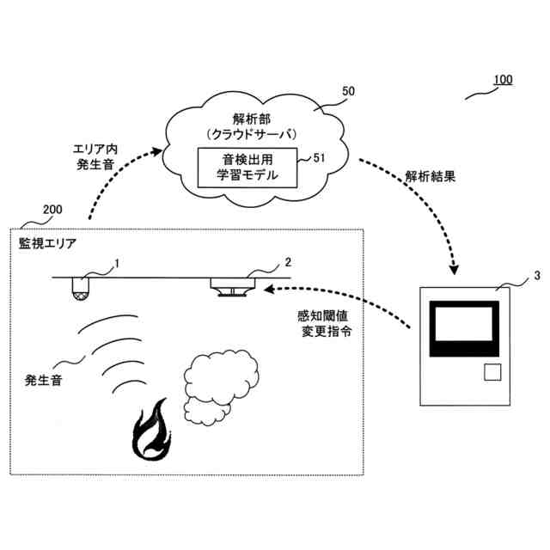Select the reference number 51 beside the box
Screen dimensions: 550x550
(318, 156)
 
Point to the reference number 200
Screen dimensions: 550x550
(52, 210)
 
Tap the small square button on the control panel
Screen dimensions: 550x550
(492, 372)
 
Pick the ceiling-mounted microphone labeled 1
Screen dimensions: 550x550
(82, 289)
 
